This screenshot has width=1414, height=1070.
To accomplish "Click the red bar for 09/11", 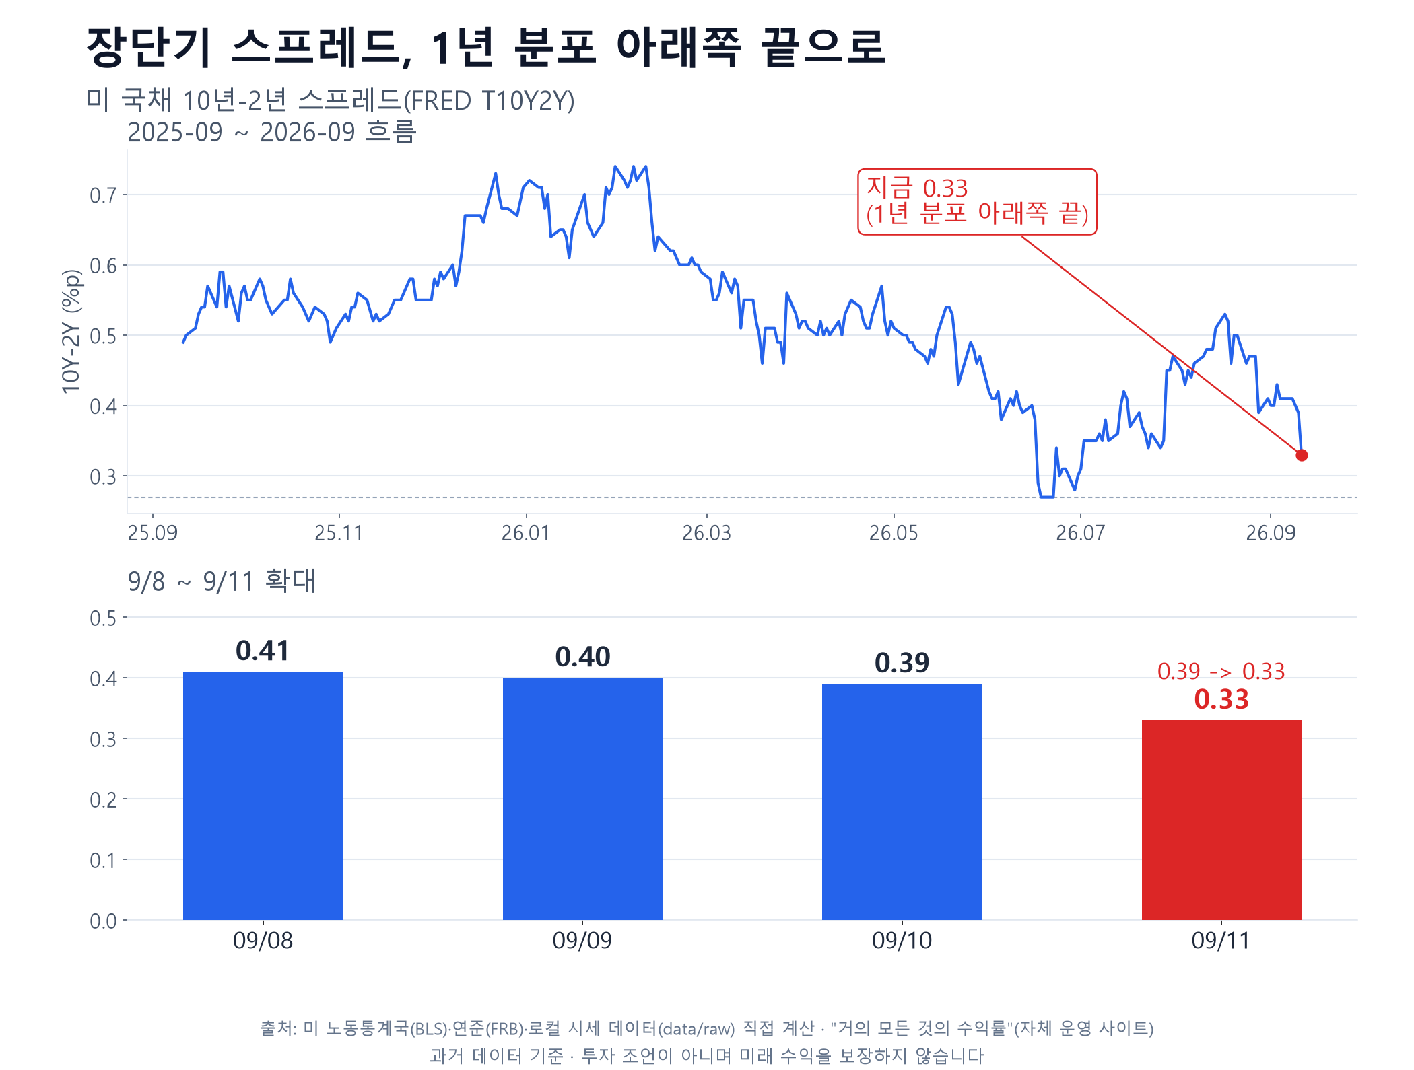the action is click(1221, 820).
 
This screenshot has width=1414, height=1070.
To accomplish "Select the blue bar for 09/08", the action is click(263, 795).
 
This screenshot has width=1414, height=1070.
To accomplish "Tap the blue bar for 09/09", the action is click(582, 799).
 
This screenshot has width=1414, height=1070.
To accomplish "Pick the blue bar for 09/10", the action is click(902, 801).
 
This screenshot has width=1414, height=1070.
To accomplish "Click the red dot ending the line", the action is click(1302, 456).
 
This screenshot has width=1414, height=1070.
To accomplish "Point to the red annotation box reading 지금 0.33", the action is click(977, 202).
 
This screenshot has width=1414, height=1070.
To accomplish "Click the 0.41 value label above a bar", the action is click(263, 651).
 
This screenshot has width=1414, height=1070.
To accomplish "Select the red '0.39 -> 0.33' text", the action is click(1221, 671).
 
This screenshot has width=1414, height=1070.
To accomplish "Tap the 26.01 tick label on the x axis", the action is click(525, 533).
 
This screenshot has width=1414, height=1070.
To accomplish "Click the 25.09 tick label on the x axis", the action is click(153, 533).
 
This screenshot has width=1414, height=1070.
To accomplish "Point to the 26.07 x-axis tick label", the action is click(1080, 533).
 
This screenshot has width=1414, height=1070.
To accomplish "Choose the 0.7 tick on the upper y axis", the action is click(103, 196).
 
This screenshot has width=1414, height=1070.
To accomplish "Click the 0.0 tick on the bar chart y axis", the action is click(103, 921).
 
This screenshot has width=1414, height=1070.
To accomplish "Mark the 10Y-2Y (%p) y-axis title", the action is click(71, 331).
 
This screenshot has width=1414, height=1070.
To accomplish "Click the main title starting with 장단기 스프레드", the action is click(486, 47).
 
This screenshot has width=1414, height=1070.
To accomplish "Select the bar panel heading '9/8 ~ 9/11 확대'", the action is click(222, 581).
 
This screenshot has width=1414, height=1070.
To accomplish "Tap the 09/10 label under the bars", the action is click(902, 940).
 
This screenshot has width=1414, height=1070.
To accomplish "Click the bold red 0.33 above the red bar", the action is click(1221, 699).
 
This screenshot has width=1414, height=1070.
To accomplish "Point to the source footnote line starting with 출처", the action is click(707, 1028).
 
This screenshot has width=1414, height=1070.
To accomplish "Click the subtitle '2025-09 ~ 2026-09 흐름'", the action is click(272, 132).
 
